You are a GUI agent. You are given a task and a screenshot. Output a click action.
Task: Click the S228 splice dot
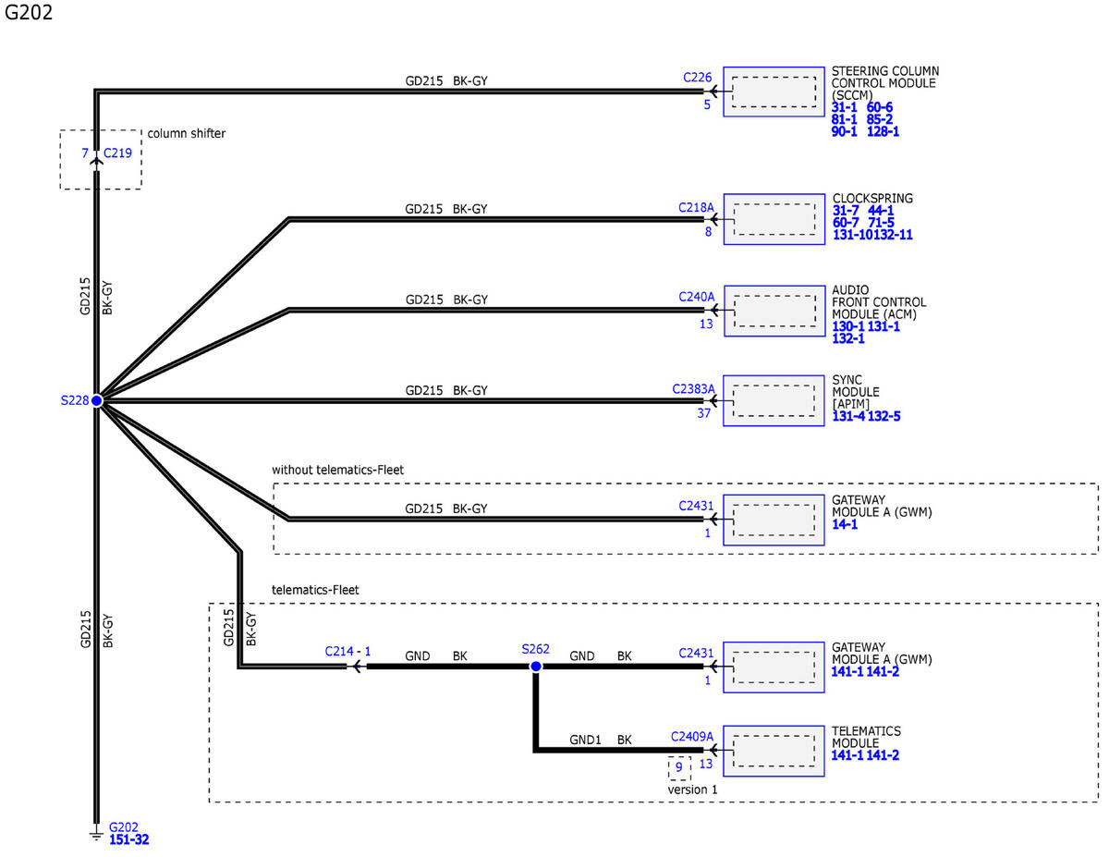pyautogui.click(x=96, y=400)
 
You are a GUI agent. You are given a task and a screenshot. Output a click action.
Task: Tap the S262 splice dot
pyautogui.click(x=535, y=667)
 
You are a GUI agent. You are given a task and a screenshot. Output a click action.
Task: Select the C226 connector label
pyautogui.click(x=697, y=78)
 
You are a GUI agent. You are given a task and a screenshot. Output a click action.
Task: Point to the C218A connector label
pyautogui.click(x=696, y=208)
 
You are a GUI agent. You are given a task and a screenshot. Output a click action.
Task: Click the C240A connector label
pyautogui.click(x=696, y=297)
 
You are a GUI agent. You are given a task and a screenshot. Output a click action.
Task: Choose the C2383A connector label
pyautogui.click(x=693, y=389)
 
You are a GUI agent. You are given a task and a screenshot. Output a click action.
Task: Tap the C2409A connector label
pyautogui.click(x=691, y=737)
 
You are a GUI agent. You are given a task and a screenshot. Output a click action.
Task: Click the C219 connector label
pyautogui.click(x=117, y=153)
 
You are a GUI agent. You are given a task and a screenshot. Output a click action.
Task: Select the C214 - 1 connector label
pyautogui.click(x=347, y=651)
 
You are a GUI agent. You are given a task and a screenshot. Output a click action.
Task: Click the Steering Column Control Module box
pyautogui.click(x=774, y=92)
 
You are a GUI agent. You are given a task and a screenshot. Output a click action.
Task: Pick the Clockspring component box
pyautogui.click(x=774, y=219)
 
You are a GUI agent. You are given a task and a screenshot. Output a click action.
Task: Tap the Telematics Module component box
pyautogui.click(x=774, y=751)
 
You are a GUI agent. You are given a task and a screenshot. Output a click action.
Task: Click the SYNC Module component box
pyautogui.click(x=774, y=400)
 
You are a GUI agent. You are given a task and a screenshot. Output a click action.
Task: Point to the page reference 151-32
pyautogui.click(x=128, y=839)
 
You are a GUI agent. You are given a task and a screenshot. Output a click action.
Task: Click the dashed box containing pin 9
pyautogui.click(x=679, y=768)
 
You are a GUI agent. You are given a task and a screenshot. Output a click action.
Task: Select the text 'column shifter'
pyautogui.click(x=187, y=133)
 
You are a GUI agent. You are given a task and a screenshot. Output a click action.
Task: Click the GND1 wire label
pyautogui.click(x=585, y=740)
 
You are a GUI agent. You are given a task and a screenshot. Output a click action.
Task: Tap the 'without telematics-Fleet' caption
pyautogui.click(x=337, y=470)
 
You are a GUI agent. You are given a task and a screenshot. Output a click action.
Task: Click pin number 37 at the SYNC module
pyautogui.click(x=704, y=413)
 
